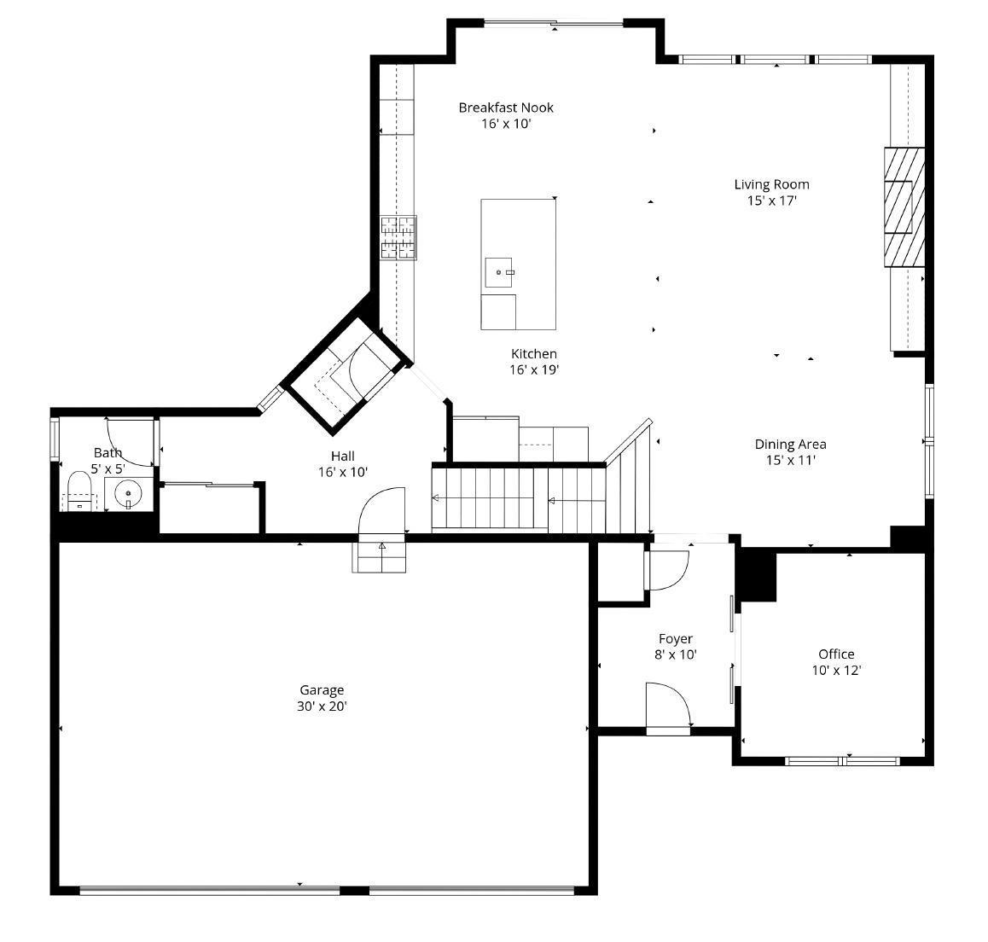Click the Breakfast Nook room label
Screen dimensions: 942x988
point(506,108)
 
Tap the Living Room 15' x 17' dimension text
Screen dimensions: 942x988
point(771,201)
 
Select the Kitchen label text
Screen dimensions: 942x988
point(534,354)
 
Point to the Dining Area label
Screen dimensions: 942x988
point(790,444)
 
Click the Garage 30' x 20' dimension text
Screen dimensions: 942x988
point(322,706)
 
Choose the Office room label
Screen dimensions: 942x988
point(836,654)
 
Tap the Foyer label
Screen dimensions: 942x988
point(675,639)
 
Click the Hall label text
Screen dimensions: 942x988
point(342,456)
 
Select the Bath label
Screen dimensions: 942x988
point(108,453)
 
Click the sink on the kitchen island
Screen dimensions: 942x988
point(499,272)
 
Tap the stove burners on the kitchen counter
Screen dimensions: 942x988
point(398,237)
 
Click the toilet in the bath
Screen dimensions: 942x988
point(79,492)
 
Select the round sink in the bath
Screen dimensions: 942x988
point(128,492)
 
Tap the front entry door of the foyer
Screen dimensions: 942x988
point(668,706)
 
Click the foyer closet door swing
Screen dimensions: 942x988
point(668,571)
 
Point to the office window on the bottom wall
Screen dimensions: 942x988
point(841,759)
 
